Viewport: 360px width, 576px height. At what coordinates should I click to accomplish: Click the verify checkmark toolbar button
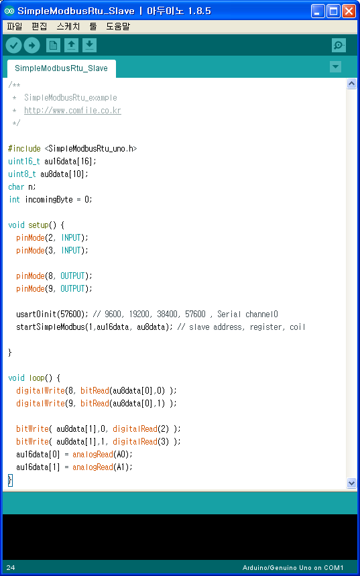[13, 46]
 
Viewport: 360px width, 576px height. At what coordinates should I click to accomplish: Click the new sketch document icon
[53, 46]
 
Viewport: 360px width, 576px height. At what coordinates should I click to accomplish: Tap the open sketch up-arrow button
[71, 46]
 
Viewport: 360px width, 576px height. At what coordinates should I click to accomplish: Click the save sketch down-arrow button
[89, 46]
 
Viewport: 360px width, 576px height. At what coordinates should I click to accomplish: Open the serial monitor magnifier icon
[339, 46]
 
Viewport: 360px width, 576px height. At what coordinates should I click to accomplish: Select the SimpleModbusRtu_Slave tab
[62, 68]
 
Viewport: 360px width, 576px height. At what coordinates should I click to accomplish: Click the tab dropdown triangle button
[335, 67]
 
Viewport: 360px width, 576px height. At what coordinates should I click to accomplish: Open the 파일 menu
[14, 26]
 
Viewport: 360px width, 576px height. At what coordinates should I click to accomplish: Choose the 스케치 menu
[68, 26]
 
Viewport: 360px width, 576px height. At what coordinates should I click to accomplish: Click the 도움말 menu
[117, 26]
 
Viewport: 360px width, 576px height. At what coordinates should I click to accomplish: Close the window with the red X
[349, 11]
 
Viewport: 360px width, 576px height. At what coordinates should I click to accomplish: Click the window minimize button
[318, 11]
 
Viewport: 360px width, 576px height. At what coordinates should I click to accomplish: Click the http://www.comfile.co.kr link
[72, 110]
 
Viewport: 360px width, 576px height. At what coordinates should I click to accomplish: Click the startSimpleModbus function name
[50, 327]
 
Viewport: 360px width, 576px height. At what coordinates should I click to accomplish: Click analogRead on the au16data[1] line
[93, 467]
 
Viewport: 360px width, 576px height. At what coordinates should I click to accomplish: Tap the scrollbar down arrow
[351, 482]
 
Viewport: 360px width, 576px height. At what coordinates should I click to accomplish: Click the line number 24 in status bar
[10, 568]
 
